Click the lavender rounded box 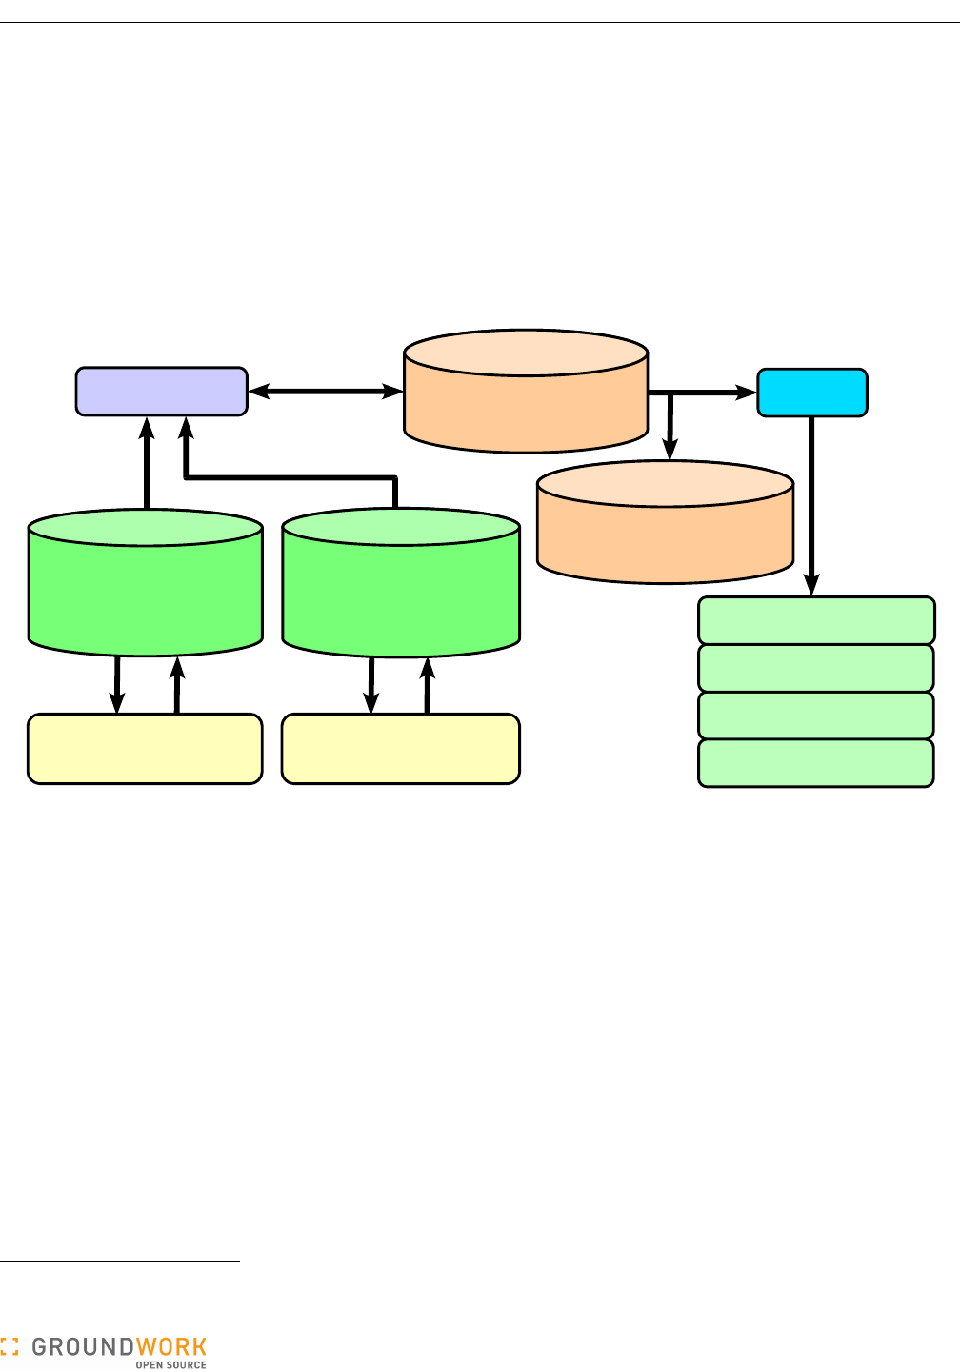pos(161,392)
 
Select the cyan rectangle pos(811,393)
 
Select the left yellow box pos(145,749)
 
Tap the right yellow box pos(401,749)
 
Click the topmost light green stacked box pos(816,621)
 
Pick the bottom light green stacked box pos(816,763)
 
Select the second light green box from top pos(816,668)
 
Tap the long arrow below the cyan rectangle pos(811,505)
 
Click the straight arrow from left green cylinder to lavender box pos(147,467)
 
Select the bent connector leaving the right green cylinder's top pos(286,476)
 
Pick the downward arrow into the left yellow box pos(117,686)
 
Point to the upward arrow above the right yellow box pos(428,686)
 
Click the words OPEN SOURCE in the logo pos(170,1365)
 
